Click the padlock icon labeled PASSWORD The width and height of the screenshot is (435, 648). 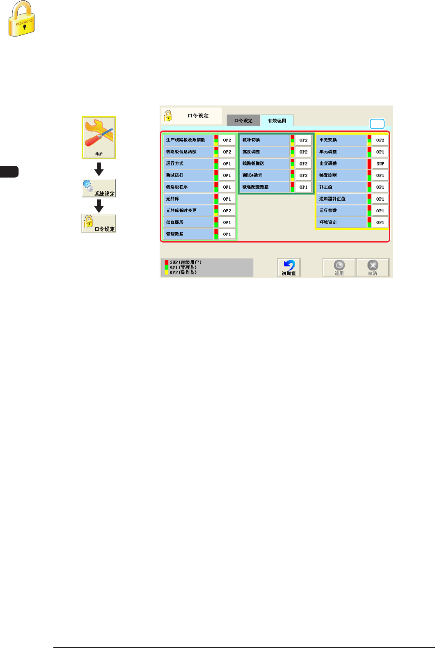(x=21, y=19)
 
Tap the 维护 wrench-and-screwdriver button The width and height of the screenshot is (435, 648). (x=99, y=137)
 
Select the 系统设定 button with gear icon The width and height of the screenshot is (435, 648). (x=99, y=188)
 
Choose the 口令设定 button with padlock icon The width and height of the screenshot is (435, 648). (x=99, y=224)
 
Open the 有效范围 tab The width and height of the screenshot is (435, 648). (x=277, y=121)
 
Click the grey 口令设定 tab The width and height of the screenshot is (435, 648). (x=243, y=121)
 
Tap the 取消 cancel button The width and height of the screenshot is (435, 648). (x=373, y=268)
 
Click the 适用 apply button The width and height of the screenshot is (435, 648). (x=339, y=268)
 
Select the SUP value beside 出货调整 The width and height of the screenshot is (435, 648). (x=380, y=164)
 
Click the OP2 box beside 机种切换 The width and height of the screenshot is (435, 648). (x=303, y=140)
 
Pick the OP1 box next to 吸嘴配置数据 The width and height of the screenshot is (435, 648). (x=303, y=187)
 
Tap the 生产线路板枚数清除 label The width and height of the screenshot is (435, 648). (x=188, y=140)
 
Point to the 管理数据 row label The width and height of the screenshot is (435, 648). (x=188, y=234)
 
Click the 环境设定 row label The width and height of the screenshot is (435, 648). (x=341, y=222)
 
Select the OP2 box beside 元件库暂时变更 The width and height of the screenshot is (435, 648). (x=227, y=211)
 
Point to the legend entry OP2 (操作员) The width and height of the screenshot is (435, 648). (x=183, y=272)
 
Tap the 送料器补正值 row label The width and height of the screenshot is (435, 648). (x=341, y=199)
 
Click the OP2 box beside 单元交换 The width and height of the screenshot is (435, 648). (x=380, y=140)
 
